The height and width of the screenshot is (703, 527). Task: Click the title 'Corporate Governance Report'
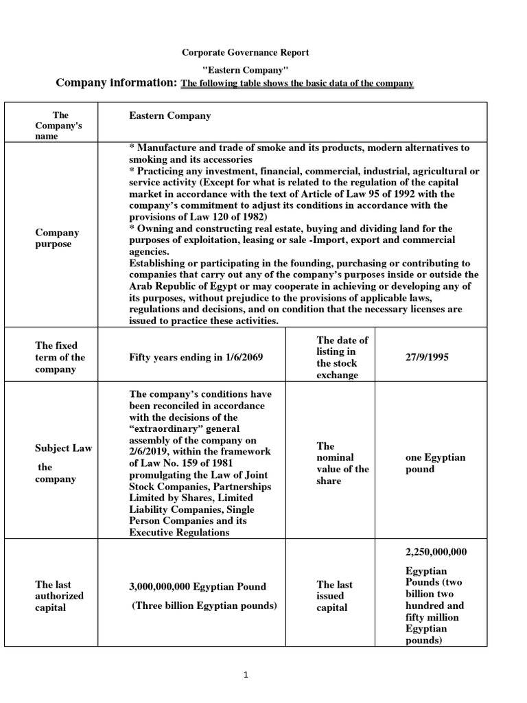tap(245, 52)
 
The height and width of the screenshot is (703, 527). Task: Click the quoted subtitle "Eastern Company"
tap(245, 69)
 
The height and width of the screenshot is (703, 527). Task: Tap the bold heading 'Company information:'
tap(117, 83)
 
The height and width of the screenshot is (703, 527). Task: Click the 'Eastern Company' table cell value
tap(169, 116)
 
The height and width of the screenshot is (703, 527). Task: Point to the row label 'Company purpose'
tap(57, 238)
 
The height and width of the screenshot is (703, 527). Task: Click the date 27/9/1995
tap(428, 358)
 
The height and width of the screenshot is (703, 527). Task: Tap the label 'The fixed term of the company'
tap(60, 357)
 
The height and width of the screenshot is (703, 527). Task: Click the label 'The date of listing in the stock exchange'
tap(342, 358)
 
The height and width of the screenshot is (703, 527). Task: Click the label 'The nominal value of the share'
tap(342, 463)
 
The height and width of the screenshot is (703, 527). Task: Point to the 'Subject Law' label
tap(63, 448)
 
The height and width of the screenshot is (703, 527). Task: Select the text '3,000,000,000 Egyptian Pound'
tap(197, 586)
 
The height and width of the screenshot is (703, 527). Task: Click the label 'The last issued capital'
tap(334, 596)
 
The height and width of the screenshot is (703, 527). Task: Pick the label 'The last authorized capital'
tap(59, 596)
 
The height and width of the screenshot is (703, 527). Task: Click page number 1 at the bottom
tap(246, 676)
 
